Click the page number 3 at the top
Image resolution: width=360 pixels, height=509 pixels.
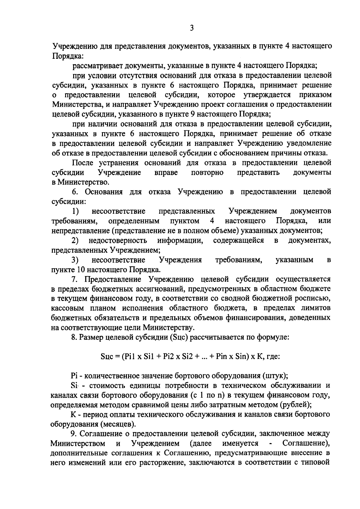coord(192,28)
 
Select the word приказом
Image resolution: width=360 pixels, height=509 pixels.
coord(315,95)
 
